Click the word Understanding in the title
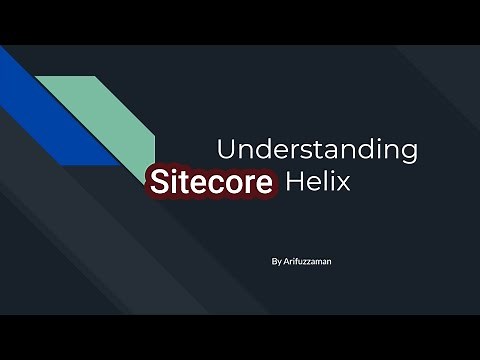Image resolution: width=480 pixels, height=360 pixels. coord(317,151)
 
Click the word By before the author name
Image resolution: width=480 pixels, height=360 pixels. coord(276,262)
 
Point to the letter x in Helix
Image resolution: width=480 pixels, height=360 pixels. coord(343,183)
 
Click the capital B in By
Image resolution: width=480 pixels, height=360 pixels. coord(273,262)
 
